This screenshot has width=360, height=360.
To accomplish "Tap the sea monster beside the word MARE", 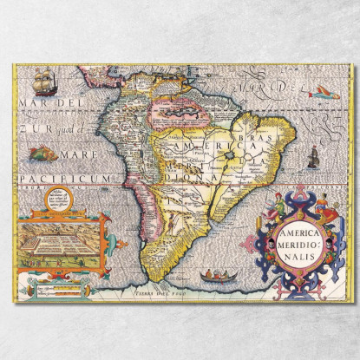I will (x=41, y=154).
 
